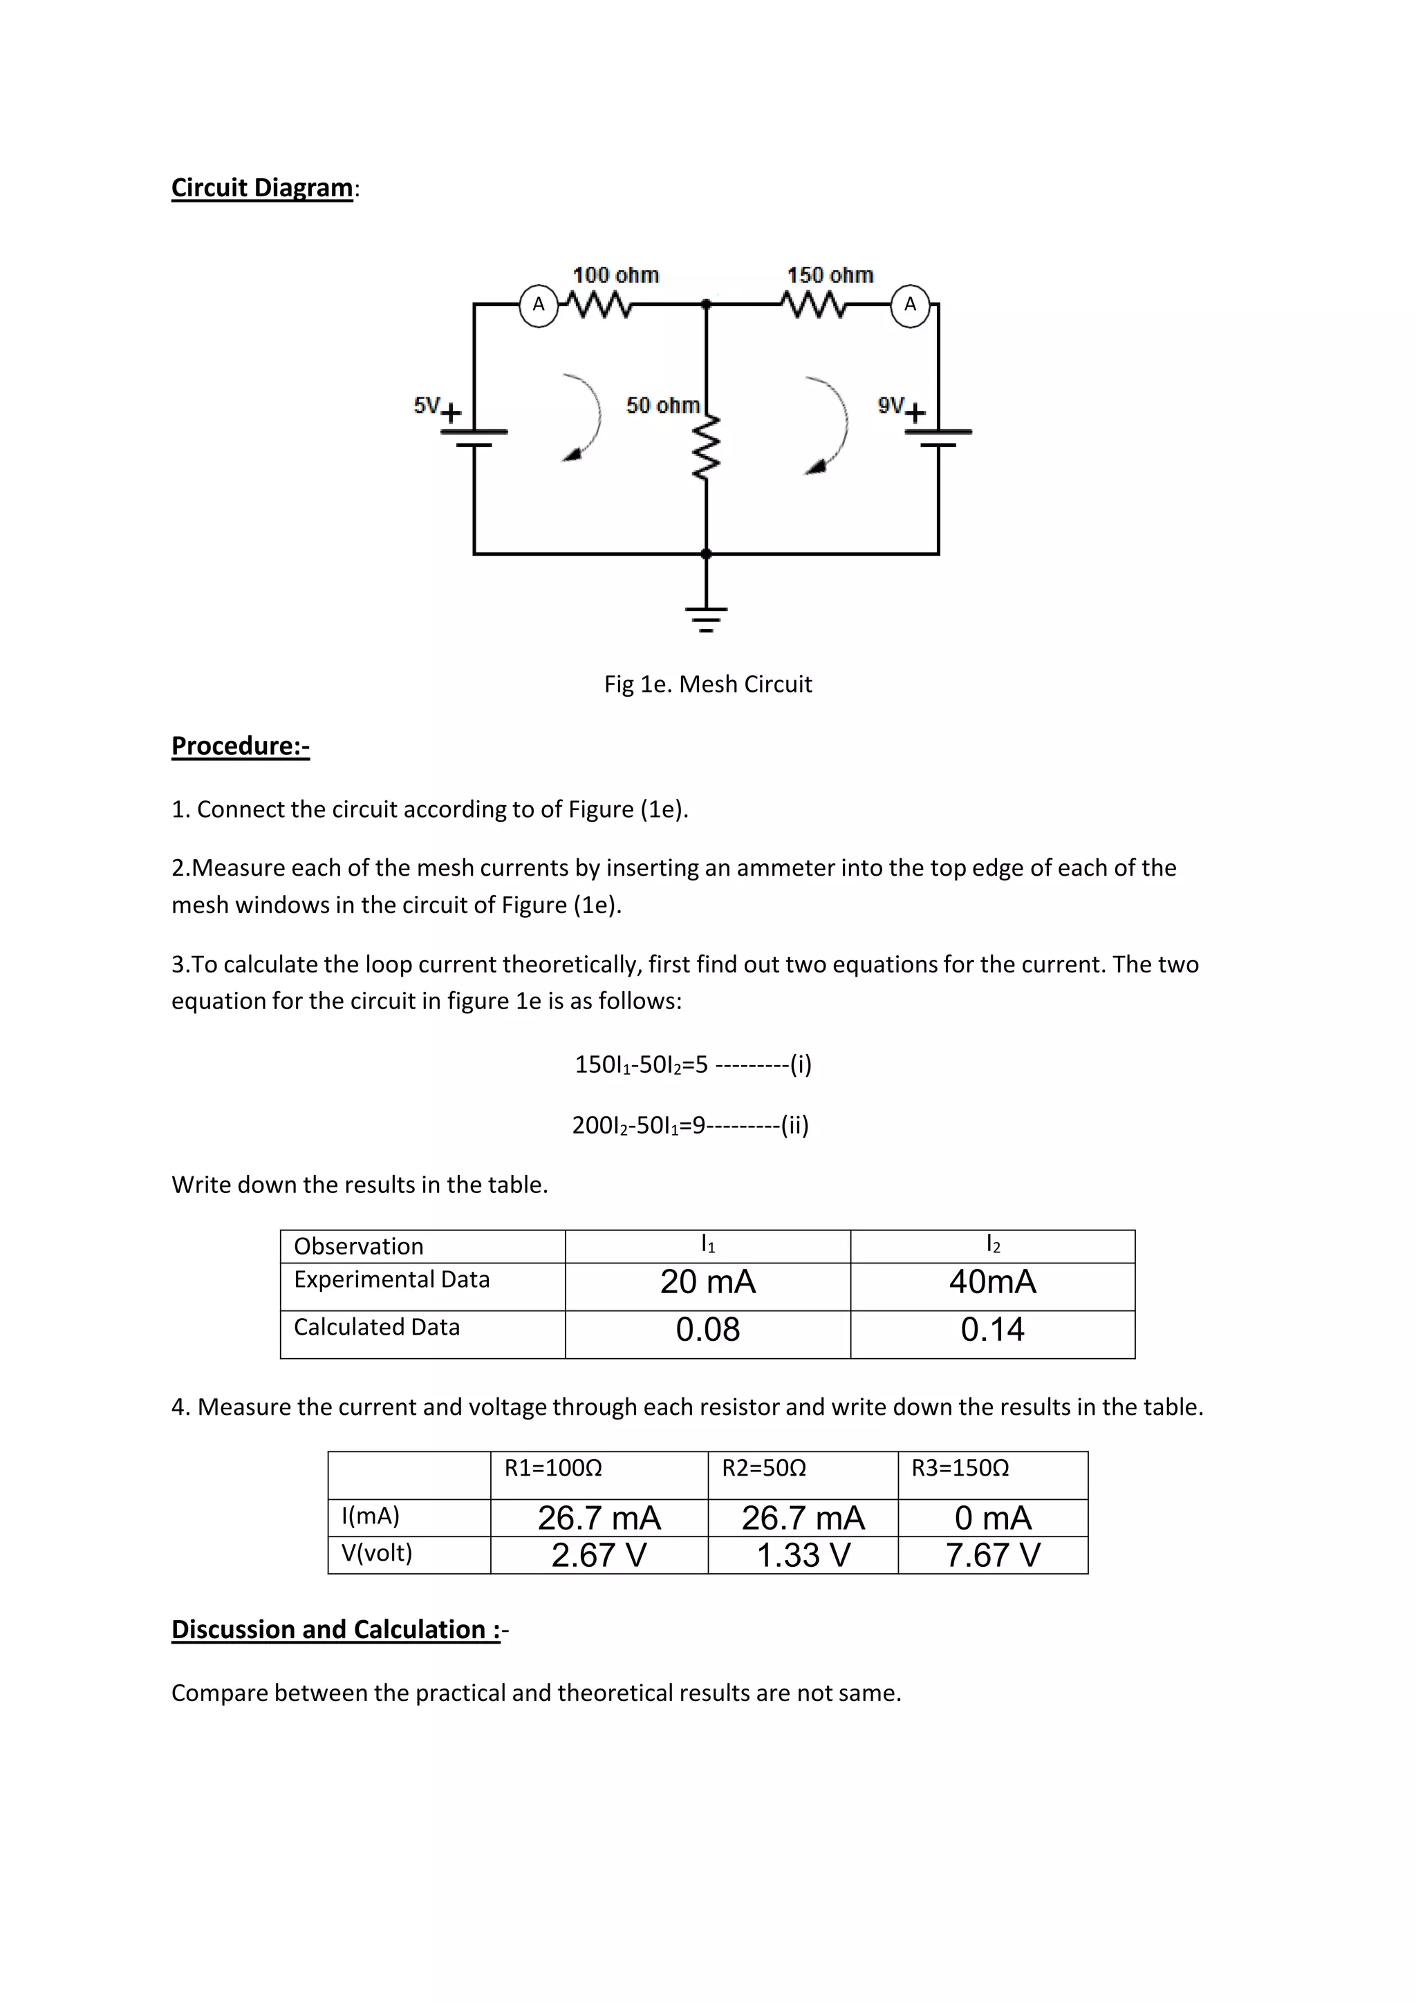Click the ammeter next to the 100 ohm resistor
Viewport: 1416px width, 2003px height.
pos(539,305)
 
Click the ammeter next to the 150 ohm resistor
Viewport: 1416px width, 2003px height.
pos(910,305)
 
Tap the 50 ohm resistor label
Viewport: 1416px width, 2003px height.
pos(662,406)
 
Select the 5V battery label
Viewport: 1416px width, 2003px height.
pos(427,405)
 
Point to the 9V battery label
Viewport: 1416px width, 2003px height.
pos(891,405)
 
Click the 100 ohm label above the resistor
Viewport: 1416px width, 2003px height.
pos(615,276)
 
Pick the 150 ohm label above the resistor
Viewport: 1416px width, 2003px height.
pos(830,276)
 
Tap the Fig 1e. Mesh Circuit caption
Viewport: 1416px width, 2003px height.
pos(707,684)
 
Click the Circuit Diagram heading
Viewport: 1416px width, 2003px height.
pos(263,187)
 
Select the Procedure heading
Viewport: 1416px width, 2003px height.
pos(240,746)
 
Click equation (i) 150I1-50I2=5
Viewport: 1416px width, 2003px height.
pos(693,1064)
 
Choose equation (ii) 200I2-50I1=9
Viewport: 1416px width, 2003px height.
pos(690,1125)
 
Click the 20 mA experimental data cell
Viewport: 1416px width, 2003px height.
pos(707,1281)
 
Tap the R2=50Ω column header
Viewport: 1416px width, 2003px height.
pos(763,1468)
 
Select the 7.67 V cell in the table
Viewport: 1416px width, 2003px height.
pos(993,1555)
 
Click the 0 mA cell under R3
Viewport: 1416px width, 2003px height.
pos(993,1518)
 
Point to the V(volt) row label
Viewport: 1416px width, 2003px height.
pos(377,1553)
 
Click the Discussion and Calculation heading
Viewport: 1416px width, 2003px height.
pos(336,1630)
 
